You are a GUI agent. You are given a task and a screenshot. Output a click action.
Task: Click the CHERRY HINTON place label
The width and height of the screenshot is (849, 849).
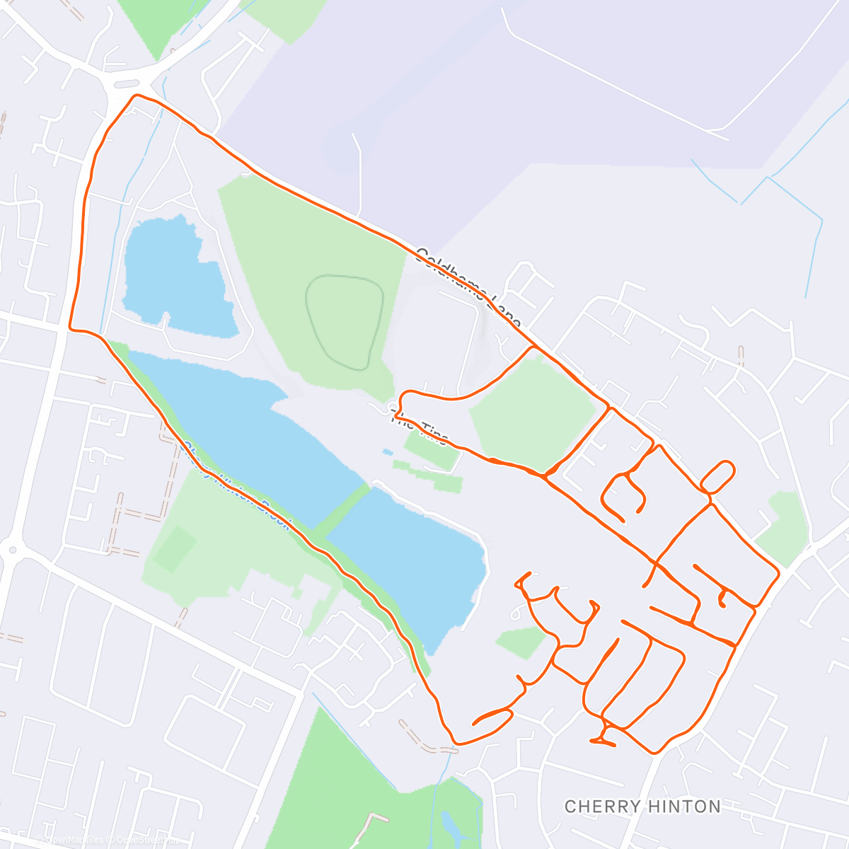tap(642, 806)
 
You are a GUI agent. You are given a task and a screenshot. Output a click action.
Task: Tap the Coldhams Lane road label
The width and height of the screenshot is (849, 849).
tap(468, 287)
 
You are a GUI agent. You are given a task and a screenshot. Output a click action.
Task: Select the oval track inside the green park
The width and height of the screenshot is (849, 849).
tap(345, 321)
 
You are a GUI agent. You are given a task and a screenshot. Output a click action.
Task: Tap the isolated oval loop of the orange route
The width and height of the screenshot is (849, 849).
tap(717, 476)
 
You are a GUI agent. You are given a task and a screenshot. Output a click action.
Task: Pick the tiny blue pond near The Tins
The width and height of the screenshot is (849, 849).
tap(386, 451)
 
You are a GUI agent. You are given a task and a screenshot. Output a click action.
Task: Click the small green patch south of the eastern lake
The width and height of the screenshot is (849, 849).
tap(522, 641)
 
